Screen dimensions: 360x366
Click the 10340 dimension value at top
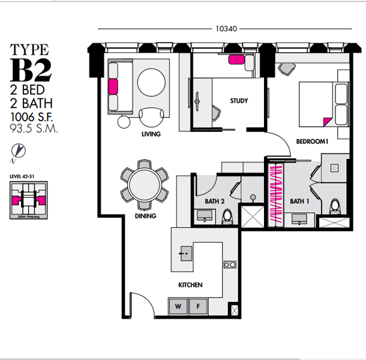223,28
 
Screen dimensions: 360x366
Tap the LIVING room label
151,134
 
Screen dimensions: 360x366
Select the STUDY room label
239,101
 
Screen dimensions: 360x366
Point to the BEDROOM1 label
311,142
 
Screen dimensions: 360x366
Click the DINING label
145,216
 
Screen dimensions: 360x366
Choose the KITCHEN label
190,285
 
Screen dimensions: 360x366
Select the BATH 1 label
299,201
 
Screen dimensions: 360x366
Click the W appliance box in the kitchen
178,307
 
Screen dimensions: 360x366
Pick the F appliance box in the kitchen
199,307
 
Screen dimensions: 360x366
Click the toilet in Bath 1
334,208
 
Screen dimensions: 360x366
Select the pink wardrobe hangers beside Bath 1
275,194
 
